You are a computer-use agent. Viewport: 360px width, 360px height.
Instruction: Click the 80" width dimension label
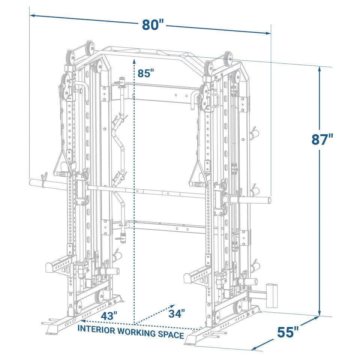pyautogui.click(x=153, y=25)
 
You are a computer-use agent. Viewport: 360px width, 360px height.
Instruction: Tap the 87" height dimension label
pyautogui.click(x=322, y=139)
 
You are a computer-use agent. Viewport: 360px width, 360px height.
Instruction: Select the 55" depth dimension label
pyautogui.click(x=288, y=332)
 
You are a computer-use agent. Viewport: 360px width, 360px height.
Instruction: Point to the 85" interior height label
pyautogui.click(x=146, y=73)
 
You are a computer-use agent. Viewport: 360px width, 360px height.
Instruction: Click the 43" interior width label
pyautogui.click(x=109, y=316)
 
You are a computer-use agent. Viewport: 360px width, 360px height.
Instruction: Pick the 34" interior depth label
pyautogui.click(x=177, y=313)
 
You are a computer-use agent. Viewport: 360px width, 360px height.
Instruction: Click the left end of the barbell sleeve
pyautogui.click(x=31, y=182)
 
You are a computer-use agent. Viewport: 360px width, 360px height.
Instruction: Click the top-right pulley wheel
pyautogui.click(x=227, y=59)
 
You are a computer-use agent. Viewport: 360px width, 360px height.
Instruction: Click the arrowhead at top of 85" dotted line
pyautogui.click(x=134, y=61)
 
